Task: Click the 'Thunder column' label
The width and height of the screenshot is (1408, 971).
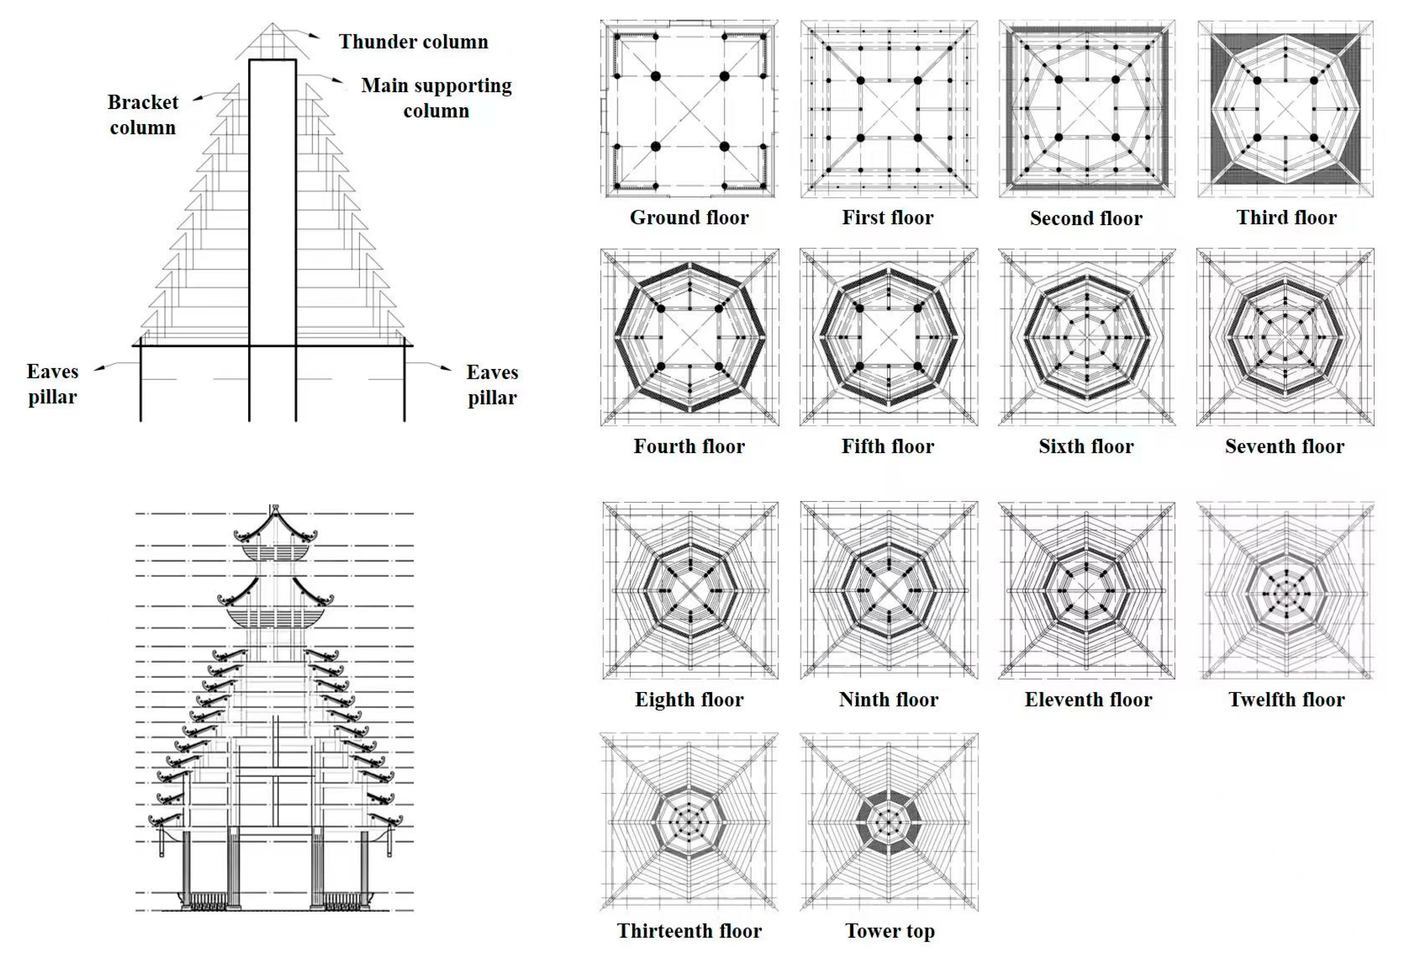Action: pyautogui.click(x=413, y=41)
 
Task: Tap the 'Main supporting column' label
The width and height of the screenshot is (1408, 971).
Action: pyautogui.click(x=436, y=97)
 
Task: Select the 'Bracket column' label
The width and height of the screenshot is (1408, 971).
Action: pyautogui.click(x=143, y=114)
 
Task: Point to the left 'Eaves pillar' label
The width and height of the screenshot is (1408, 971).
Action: pyautogui.click(x=53, y=384)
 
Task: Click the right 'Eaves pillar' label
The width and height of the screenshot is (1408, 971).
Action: pyautogui.click(x=492, y=384)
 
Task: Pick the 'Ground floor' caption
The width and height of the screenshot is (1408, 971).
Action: pyautogui.click(x=689, y=217)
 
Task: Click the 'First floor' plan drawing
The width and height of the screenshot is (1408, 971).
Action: pyautogui.click(x=889, y=109)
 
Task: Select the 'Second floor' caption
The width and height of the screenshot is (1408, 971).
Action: pyautogui.click(x=1086, y=218)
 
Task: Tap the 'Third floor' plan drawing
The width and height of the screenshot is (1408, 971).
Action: pyautogui.click(x=1286, y=109)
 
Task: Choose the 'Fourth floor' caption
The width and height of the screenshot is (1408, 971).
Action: pyautogui.click(x=689, y=446)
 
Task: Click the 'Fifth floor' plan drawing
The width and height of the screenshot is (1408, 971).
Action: pyautogui.click(x=889, y=337)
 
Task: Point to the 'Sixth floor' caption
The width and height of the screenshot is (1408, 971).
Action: pyautogui.click(x=1086, y=446)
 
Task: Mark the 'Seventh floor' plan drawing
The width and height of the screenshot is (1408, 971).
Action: pyautogui.click(x=1285, y=337)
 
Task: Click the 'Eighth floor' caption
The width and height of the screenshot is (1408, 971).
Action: pyautogui.click(x=689, y=699)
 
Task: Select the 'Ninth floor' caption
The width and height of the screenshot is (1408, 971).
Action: pyautogui.click(x=888, y=699)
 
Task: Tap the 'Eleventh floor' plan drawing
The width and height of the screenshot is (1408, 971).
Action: pyautogui.click(x=1087, y=590)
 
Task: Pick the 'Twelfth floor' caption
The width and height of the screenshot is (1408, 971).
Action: pyautogui.click(x=1287, y=699)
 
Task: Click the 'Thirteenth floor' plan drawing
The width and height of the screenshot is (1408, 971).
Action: pyautogui.click(x=689, y=822)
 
